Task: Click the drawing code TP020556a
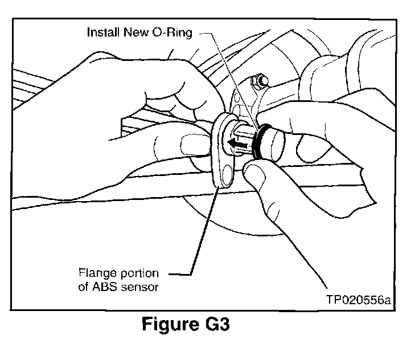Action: (x=359, y=300)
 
